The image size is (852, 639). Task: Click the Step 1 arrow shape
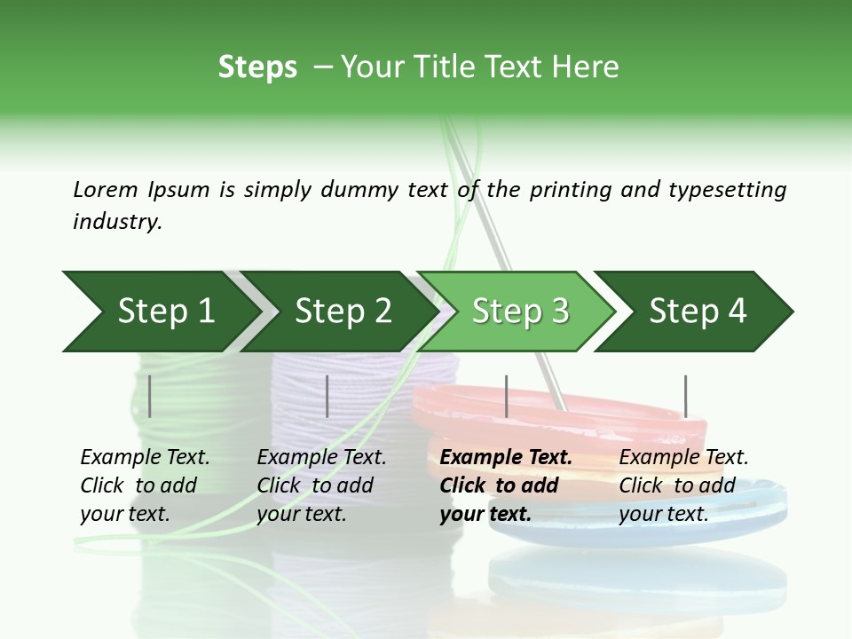pyautogui.click(x=160, y=312)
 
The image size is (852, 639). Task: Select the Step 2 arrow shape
pyautogui.click(x=342, y=312)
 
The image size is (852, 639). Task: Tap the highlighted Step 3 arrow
pyautogui.click(x=520, y=312)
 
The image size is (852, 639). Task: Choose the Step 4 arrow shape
pyautogui.click(x=698, y=312)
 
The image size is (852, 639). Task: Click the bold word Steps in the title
pyautogui.click(x=257, y=67)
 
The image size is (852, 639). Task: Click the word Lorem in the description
pyautogui.click(x=105, y=189)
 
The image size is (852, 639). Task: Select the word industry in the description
pyautogui.click(x=117, y=222)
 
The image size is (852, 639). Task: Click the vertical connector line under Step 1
pyautogui.click(x=150, y=396)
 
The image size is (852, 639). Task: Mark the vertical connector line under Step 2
pyautogui.click(x=327, y=396)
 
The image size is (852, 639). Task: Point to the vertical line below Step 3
pyautogui.click(x=506, y=396)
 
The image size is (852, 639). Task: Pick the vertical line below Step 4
pyautogui.click(x=685, y=396)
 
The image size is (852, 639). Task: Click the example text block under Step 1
pyautogui.click(x=145, y=485)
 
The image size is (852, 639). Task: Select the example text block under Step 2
pyautogui.click(x=321, y=485)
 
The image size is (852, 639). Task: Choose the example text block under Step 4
pyautogui.click(x=683, y=485)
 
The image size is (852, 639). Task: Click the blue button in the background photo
pyautogui.click(x=754, y=506)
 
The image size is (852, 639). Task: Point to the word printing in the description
pyautogui.click(x=569, y=190)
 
